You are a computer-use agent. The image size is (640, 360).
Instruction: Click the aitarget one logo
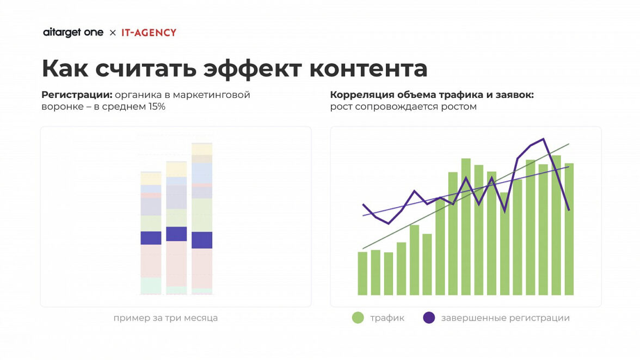click(x=73, y=33)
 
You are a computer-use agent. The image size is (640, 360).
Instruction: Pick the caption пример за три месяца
click(x=165, y=318)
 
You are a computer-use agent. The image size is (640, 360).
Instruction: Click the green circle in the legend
click(x=358, y=318)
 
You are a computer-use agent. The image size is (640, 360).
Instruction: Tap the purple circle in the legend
click(x=429, y=318)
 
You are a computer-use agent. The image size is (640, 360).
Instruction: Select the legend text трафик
click(x=387, y=318)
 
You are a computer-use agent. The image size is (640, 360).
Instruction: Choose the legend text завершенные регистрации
click(x=505, y=318)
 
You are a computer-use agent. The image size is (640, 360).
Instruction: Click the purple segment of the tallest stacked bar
click(x=202, y=240)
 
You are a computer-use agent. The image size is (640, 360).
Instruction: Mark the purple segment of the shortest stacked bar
click(x=151, y=238)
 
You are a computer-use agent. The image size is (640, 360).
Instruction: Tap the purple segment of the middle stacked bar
click(x=176, y=234)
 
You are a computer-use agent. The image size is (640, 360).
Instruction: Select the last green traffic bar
click(x=569, y=228)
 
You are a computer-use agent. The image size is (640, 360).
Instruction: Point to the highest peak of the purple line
click(x=543, y=139)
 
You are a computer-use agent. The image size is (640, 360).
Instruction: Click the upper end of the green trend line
click(x=568, y=145)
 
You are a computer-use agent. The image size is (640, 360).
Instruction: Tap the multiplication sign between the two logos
click(x=113, y=33)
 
